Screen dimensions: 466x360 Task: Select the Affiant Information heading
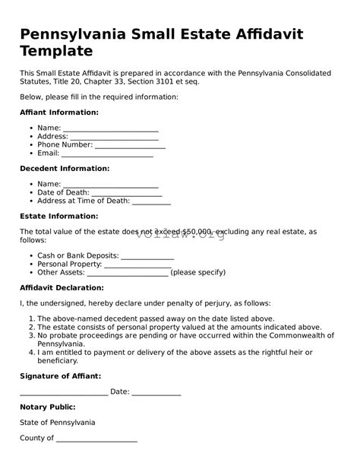click(x=58, y=113)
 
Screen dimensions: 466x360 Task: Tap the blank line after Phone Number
click(x=130, y=146)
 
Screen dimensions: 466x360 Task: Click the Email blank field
click(x=107, y=154)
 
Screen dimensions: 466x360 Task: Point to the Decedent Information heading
click(x=65, y=169)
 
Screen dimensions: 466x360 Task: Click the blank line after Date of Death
click(x=125, y=193)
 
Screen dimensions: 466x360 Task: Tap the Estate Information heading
click(x=58, y=216)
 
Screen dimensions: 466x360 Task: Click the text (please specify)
click(x=198, y=272)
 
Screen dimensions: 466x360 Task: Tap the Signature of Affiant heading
click(x=60, y=376)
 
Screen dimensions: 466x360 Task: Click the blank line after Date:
click(x=156, y=393)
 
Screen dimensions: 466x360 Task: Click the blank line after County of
click(x=96, y=439)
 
